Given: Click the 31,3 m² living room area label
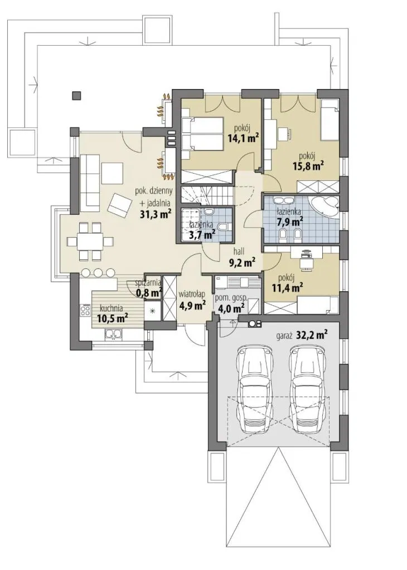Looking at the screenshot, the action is click(x=156, y=214).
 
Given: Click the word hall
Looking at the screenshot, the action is click(x=239, y=251).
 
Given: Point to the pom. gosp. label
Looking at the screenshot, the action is click(x=231, y=298).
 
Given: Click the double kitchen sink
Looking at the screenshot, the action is click(x=113, y=333).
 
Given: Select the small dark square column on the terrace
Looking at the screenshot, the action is click(x=77, y=96).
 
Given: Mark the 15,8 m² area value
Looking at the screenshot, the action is click(x=309, y=166).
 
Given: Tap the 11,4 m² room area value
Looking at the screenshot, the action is click(x=288, y=288).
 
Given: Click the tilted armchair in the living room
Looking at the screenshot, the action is click(x=119, y=204).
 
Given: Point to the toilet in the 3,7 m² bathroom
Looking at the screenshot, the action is click(x=223, y=227).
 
